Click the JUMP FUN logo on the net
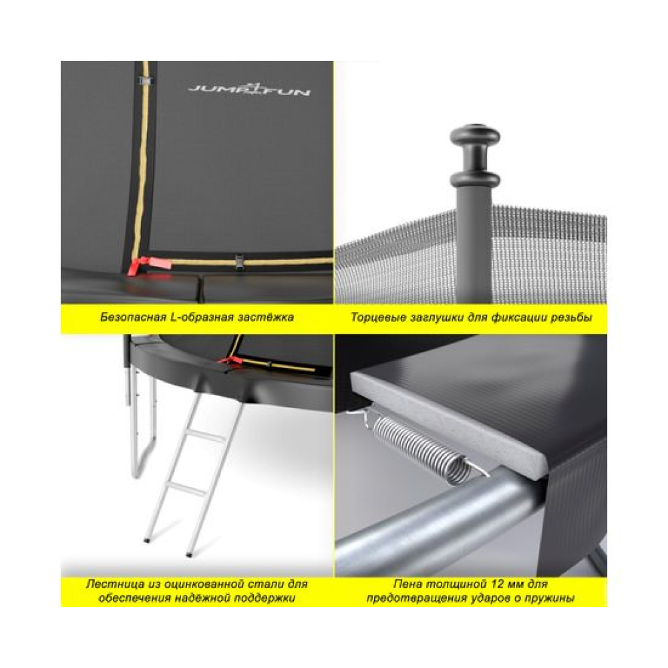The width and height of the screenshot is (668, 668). [x=249, y=89]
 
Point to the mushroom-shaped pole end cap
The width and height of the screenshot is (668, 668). [x=474, y=156]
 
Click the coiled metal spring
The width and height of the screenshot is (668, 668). [x=419, y=448]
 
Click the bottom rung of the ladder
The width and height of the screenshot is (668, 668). [x=184, y=489]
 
